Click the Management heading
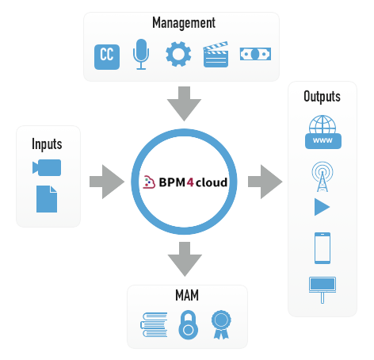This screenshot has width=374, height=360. (x=184, y=23)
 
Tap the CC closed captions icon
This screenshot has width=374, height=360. (x=107, y=57)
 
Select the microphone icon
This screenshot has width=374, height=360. (x=141, y=54)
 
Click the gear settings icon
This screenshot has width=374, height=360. (x=178, y=54)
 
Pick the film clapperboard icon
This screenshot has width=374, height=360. (x=216, y=55)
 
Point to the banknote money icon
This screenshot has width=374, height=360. (x=255, y=54)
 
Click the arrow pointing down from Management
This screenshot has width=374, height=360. (x=184, y=103)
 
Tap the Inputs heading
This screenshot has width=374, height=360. (x=47, y=144)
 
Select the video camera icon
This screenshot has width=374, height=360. (x=47, y=167)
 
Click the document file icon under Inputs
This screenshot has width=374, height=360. (x=47, y=199)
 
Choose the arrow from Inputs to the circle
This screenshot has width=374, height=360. (x=107, y=182)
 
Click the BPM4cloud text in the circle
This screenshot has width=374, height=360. (x=193, y=182)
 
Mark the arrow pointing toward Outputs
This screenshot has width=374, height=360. (x=265, y=182)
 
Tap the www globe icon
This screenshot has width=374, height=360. (x=323, y=132)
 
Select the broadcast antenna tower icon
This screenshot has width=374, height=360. (x=322, y=177)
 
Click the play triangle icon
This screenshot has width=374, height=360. (x=321, y=207)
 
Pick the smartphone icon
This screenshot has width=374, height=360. (x=322, y=248)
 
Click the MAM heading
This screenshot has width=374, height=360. (x=187, y=295)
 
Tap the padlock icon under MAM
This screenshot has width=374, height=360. (x=188, y=325)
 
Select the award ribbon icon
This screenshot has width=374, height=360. (x=221, y=324)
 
